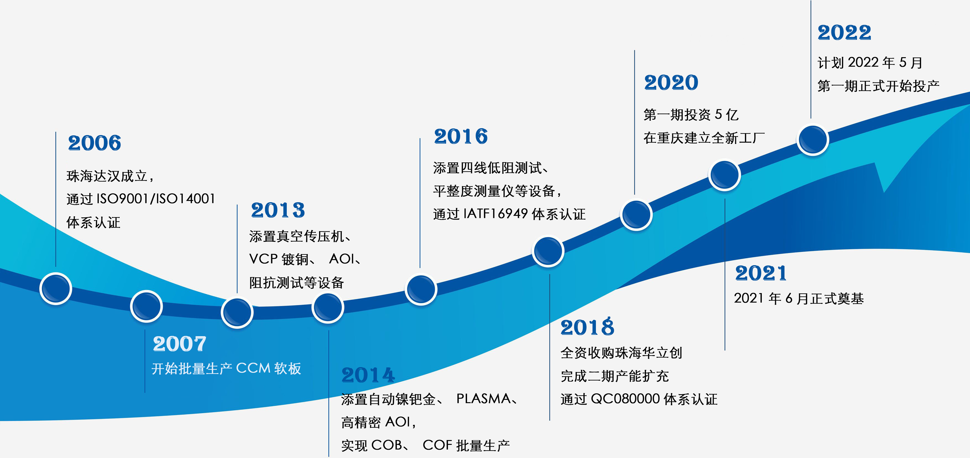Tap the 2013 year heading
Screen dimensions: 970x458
[278, 210]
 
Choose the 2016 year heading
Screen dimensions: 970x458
[461, 136]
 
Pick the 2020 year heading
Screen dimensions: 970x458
[671, 82]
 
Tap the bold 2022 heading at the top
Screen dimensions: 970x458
[844, 32]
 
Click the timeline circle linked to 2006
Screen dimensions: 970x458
[56, 288]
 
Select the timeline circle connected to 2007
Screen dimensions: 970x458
[147, 306]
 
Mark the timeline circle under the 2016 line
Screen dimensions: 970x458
[421, 289]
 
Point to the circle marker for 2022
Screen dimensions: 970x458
[813, 139]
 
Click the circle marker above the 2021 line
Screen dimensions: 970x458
[724, 175]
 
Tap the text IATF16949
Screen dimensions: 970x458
[496, 214]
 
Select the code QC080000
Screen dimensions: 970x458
[625, 399]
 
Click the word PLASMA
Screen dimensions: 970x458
[484, 399]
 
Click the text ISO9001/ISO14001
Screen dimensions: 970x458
[156, 199]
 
